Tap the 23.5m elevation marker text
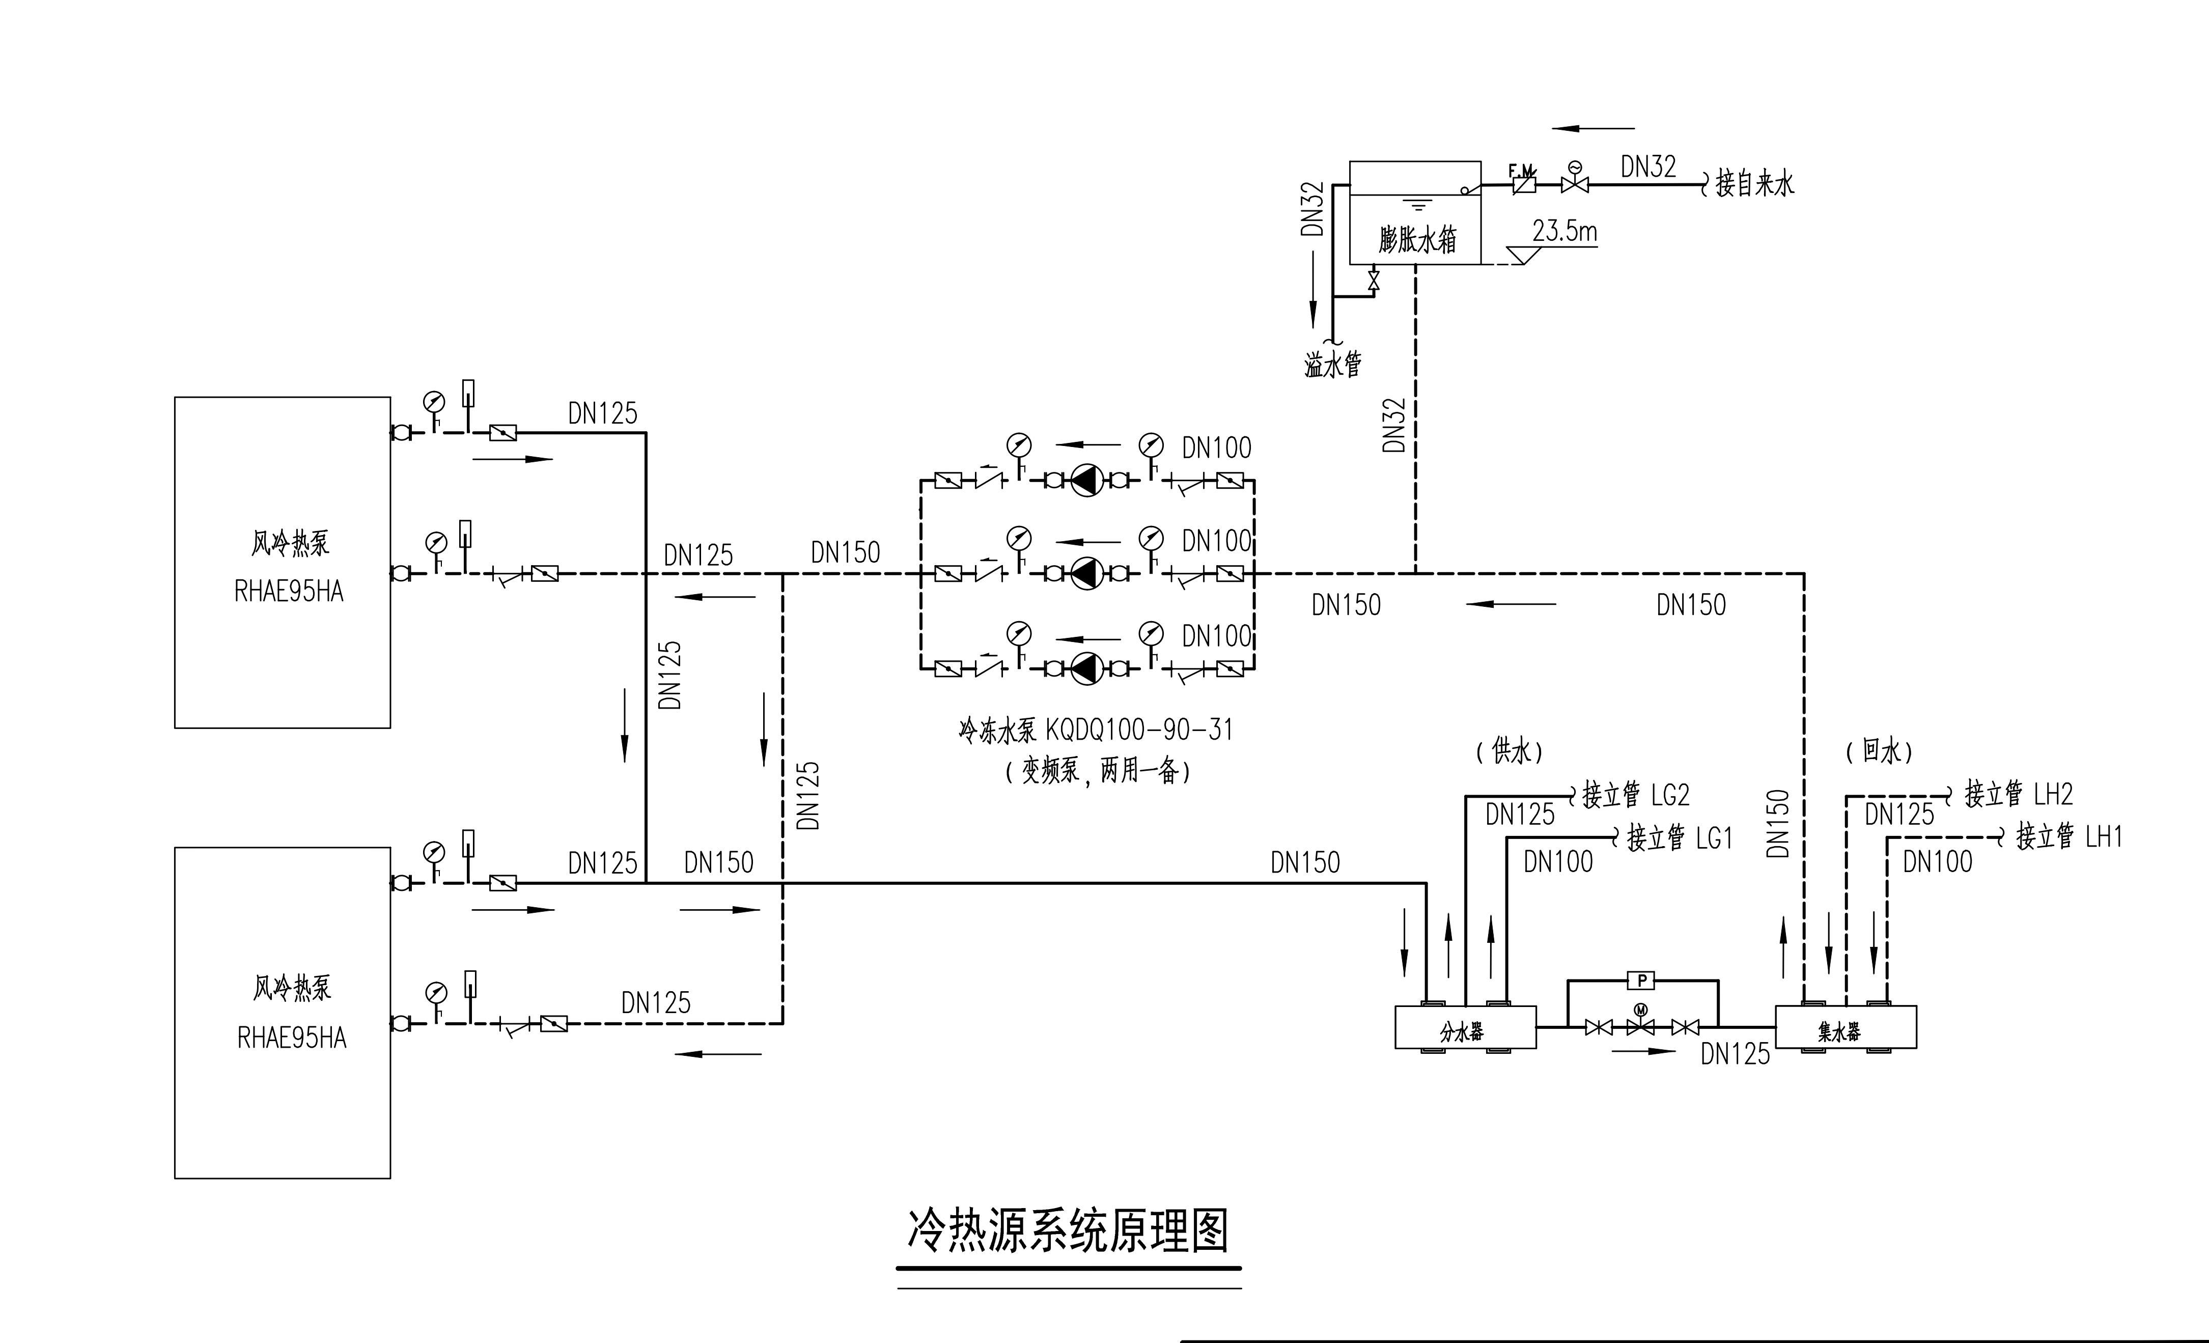(x=1564, y=231)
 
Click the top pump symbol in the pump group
(x=1086, y=481)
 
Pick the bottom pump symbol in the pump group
(x=1086, y=668)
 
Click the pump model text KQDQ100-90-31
(x=1138, y=730)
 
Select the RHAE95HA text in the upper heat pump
(x=289, y=592)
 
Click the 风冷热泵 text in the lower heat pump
(x=291, y=988)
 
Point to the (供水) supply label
(x=1509, y=751)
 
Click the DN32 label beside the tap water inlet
(x=1648, y=167)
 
